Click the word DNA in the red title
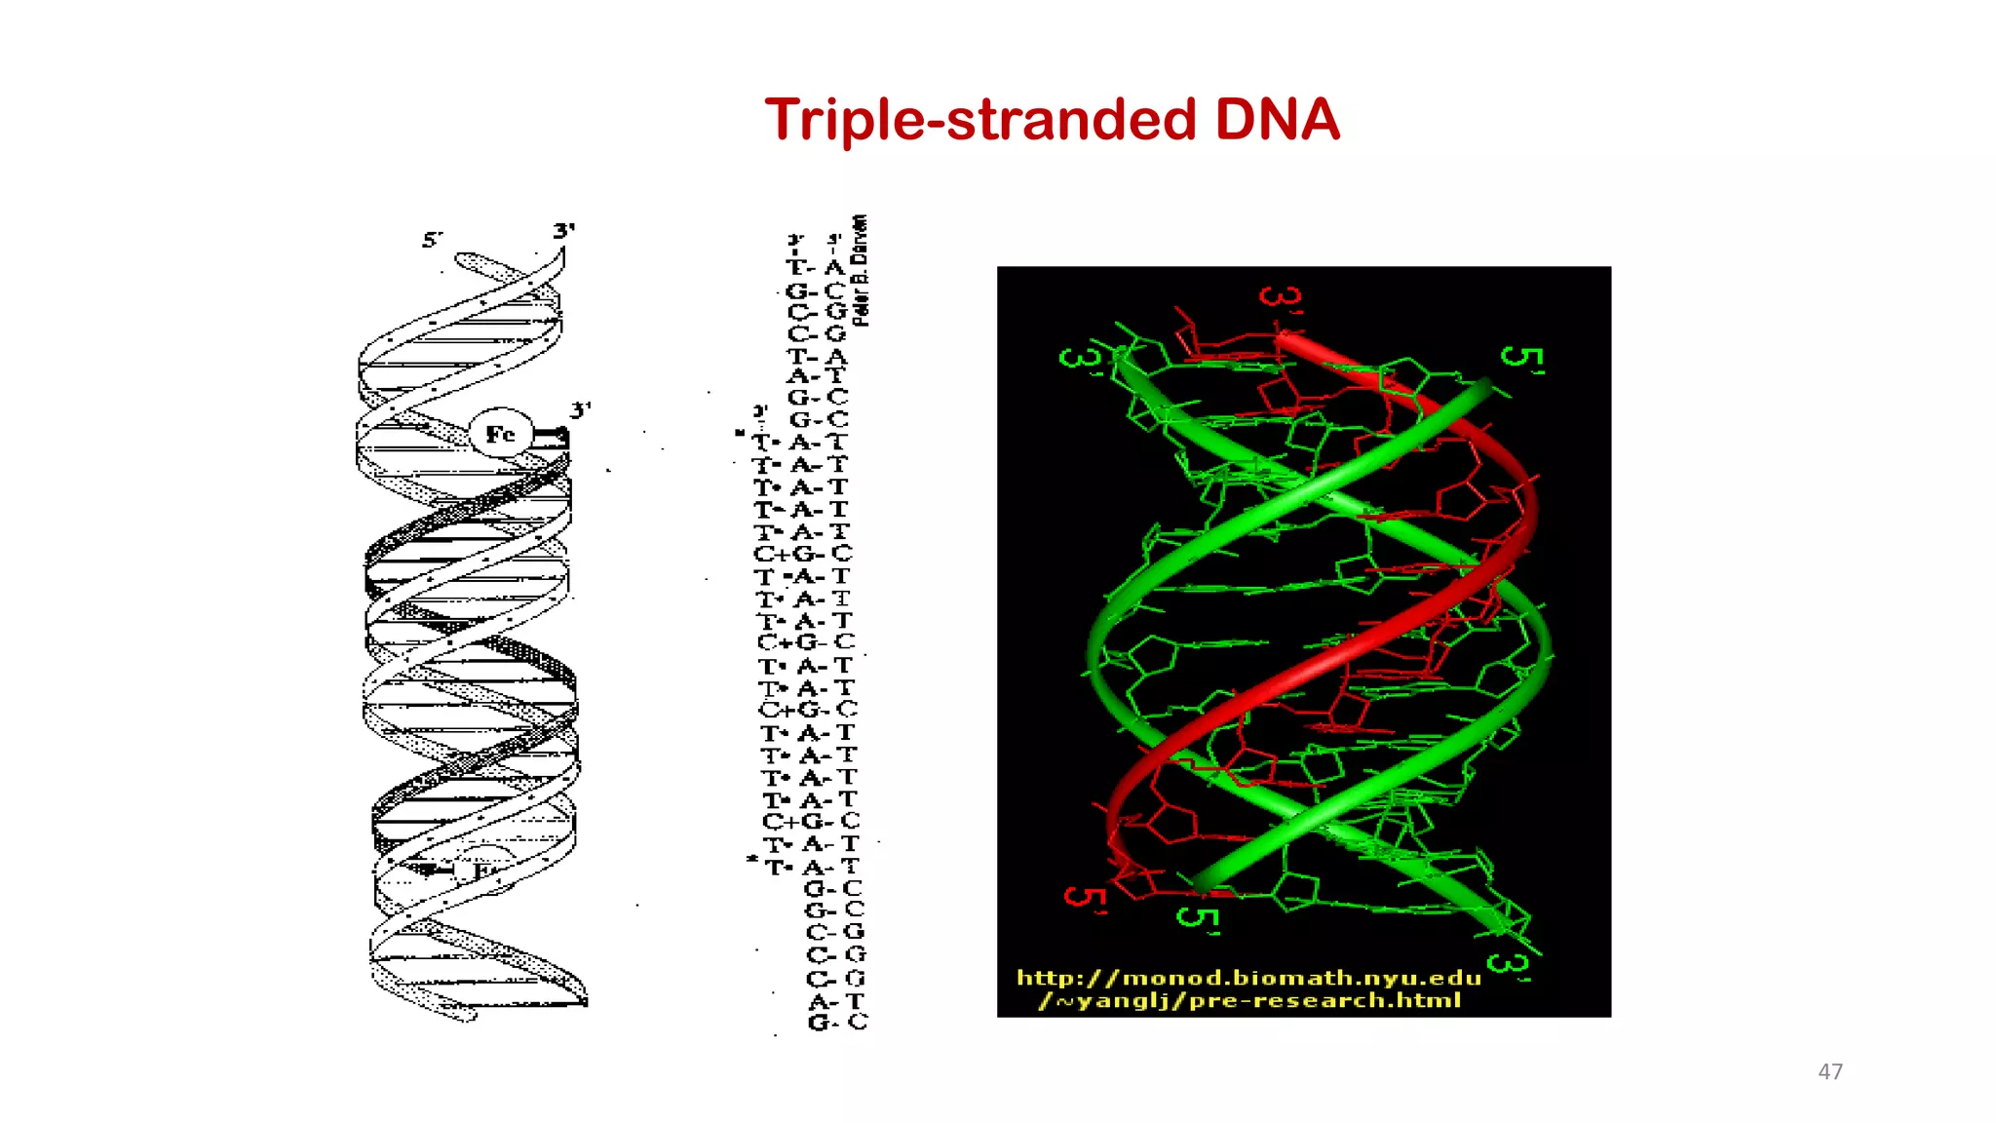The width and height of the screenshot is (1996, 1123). (1277, 120)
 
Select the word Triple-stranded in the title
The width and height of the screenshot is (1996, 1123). (980, 121)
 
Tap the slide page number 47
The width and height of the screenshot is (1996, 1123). (1829, 1071)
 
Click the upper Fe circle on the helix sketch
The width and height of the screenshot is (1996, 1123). (500, 434)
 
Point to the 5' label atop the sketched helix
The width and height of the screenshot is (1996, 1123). (432, 239)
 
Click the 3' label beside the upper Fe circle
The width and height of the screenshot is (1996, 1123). (580, 410)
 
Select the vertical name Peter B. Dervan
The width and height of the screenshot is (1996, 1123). (860, 270)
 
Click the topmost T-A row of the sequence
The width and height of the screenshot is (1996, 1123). (816, 267)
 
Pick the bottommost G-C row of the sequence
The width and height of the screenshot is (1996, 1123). (837, 1023)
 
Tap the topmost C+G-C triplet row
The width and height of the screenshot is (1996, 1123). (803, 554)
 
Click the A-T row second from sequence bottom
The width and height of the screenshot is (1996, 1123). (836, 1001)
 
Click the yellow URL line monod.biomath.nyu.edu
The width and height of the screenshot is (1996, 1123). (1248, 978)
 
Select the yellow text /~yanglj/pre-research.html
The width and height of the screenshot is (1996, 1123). (1249, 1001)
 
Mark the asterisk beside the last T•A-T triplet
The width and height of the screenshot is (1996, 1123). (751, 859)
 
